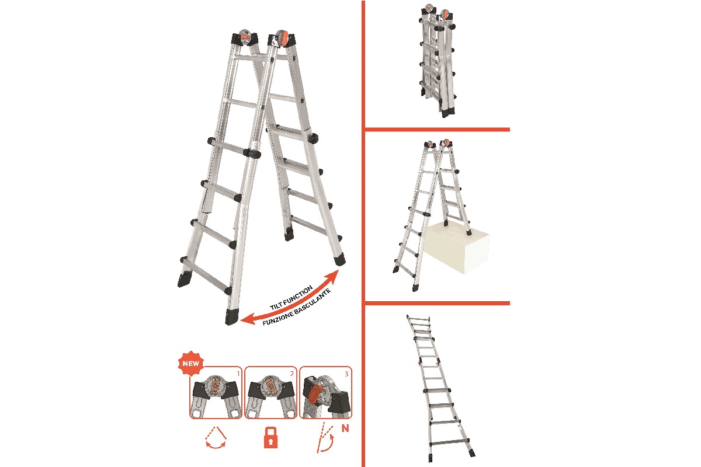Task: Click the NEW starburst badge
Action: (x=191, y=363)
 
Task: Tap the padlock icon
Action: (x=270, y=438)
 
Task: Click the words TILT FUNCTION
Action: (x=291, y=298)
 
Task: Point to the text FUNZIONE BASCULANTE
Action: (x=296, y=308)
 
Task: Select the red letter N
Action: (x=345, y=428)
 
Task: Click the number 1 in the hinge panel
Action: (x=238, y=374)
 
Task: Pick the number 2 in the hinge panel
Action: (x=292, y=374)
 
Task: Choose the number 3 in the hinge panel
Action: (x=346, y=374)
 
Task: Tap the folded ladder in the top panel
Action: (x=438, y=60)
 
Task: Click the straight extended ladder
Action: (x=440, y=388)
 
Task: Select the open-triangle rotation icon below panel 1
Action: (x=216, y=437)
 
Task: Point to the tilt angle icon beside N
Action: (x=325, y=438)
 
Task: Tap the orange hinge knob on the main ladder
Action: (x=282, y=39)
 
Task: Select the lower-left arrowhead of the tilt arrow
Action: (x=247, y=319)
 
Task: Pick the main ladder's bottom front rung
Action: (x=207, y=276)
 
